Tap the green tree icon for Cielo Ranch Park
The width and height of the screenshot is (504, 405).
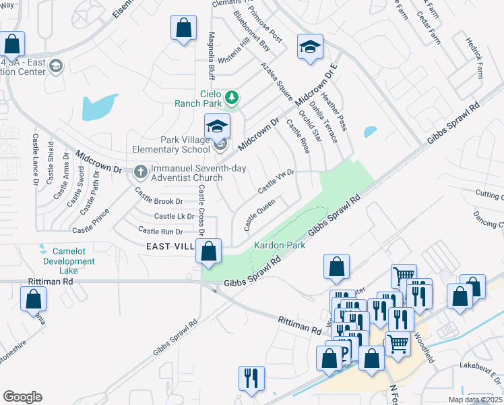(x=232, y=98)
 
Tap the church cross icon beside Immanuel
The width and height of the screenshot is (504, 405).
(x=141, y=171)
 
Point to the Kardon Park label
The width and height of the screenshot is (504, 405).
(x=279, y=245)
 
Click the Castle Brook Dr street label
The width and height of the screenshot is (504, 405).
(x=159, y=200)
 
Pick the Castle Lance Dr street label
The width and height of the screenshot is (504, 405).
(x=35, y=159)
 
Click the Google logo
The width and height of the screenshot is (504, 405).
(x=22, y=396)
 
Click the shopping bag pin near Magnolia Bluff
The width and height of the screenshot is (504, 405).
(x=183, y=28)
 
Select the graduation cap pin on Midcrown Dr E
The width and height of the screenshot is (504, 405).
(x=310, y=47)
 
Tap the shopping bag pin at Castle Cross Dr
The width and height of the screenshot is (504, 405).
(x=209, y=251)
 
